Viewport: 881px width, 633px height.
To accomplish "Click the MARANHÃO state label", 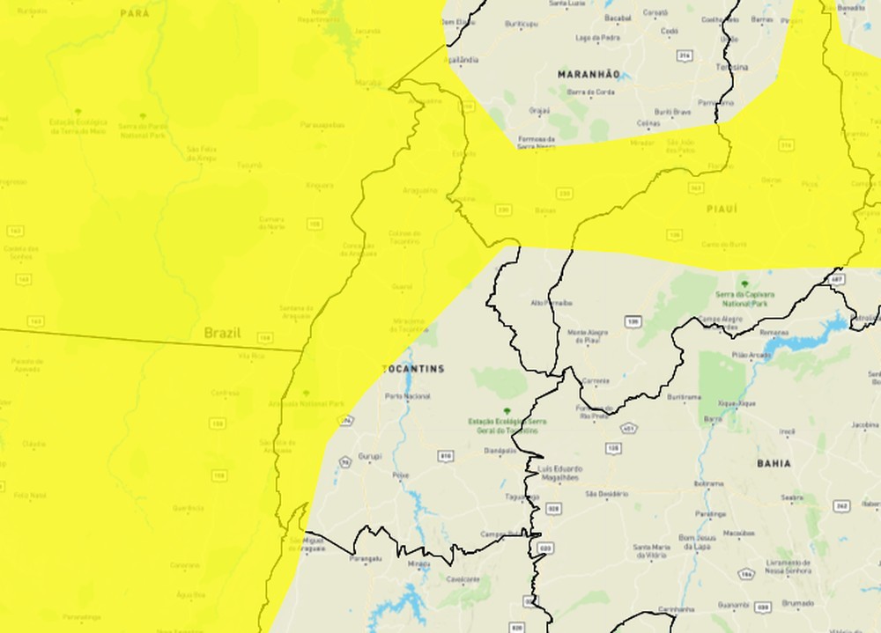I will point(589,75).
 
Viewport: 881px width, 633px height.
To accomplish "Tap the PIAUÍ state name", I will point(721,209).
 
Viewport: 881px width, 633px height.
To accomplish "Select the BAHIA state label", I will point(773,462).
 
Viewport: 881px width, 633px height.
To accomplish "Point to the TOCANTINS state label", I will point(413,369).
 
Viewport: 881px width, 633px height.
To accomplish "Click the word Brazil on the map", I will point(222,333).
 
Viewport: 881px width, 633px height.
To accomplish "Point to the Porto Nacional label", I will point(408,396).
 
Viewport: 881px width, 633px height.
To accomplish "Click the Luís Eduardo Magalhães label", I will point(559,473).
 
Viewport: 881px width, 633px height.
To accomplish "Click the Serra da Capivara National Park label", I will point(744,298).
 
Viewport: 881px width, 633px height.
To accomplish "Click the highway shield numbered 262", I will point(841,506).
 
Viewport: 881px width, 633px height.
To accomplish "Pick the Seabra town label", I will point(792,497).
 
